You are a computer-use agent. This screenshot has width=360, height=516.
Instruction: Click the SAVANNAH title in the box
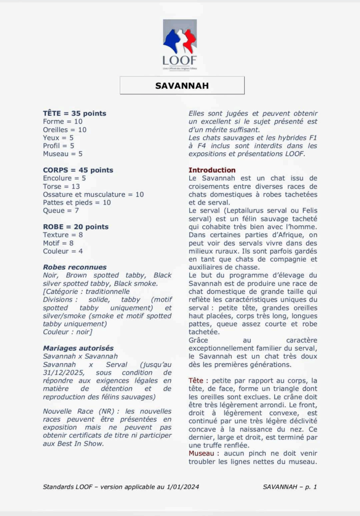182,86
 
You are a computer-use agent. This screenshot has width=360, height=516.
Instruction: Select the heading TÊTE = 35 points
75,113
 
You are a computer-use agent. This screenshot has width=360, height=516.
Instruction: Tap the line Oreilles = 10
64,130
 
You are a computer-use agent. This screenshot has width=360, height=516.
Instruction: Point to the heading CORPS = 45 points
78,170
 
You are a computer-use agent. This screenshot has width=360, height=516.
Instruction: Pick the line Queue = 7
61,210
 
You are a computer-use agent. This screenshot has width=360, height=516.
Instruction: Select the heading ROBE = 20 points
76,227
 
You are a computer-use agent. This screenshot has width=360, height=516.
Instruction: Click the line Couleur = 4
63,251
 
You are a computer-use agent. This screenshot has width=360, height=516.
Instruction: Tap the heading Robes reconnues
75,267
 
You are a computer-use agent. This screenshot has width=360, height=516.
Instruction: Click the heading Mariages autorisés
78,348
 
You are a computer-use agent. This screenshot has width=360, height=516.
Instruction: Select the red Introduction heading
212,170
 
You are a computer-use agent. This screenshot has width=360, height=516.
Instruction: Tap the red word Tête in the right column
196,380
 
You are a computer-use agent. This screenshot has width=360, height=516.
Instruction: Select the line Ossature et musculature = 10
93,194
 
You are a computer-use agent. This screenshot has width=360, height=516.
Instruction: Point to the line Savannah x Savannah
80,356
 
